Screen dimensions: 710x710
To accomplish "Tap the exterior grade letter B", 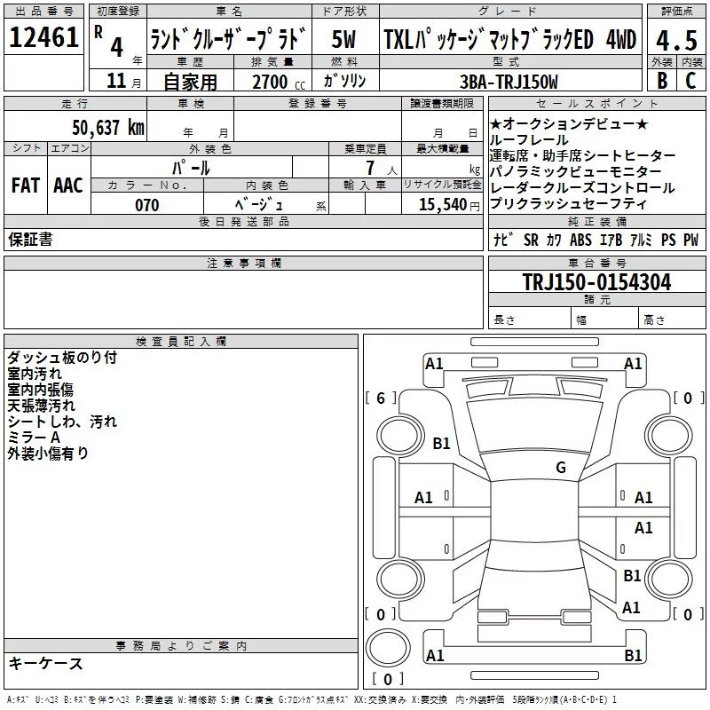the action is (661, 80).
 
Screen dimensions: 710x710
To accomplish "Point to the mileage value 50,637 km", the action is (108, 127).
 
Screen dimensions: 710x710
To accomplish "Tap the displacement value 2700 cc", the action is (272, 82).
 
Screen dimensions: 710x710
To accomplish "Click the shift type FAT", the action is (25, 185).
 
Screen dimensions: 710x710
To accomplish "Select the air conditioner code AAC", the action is (68, 185).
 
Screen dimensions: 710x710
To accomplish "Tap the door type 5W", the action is (344, 39).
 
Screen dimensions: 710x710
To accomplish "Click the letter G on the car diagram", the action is (560, 468).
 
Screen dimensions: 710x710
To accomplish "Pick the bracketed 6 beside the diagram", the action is (381, 398).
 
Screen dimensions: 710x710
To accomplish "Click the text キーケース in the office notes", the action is (45, 663).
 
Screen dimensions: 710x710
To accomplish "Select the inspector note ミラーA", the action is (34, 438).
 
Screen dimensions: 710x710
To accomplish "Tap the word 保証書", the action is (31, 239).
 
